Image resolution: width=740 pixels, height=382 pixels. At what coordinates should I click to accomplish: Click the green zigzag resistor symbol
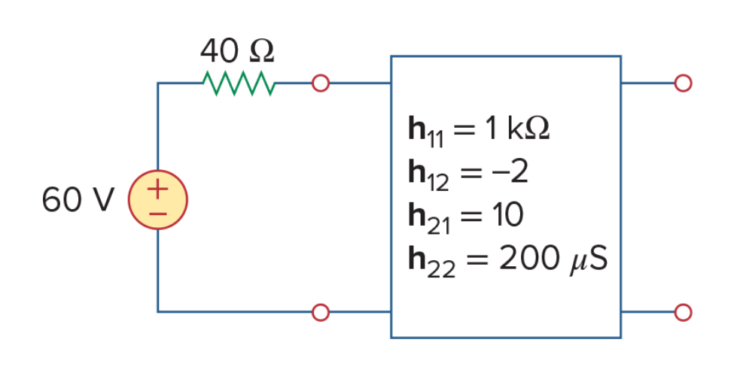pyautogui.click(x=239, y=83)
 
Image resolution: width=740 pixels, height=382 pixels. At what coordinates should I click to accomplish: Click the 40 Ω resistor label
pyautogui.click(x=237, y=51)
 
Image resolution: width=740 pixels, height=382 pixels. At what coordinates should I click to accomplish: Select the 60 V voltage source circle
pyautogui.click(x=158, y=200)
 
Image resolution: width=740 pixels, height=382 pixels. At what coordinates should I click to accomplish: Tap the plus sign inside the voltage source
pyautogui.click(x=157, y=189)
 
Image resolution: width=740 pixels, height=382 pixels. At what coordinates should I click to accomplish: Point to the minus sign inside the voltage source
pyautogui.click(x=157, y=214)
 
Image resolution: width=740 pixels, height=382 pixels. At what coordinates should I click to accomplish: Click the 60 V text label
pyautogui.click(x=78, y=199)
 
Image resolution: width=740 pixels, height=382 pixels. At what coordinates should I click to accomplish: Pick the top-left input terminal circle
pyautogui.click(x=321, y=83)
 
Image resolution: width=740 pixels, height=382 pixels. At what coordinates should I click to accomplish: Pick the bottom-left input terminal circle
pyautogui.click(x=321, y=312)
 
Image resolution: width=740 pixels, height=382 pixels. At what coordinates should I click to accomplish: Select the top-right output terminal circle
pyautogui.click(x=683, y=83)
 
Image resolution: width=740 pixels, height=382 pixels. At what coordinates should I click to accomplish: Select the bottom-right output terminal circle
pyautogui.click(x=683, y=312)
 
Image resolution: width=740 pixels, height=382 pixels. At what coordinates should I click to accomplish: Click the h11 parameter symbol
pyautogui.click(x=425, y=132)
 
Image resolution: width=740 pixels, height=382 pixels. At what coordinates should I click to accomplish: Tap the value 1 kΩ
pyautogui.click(x=518, y=129)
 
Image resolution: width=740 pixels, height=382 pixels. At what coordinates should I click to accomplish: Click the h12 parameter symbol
pyautogui.click(x=428, y=175)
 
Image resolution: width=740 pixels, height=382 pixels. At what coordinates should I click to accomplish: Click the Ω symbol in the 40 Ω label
pyautogui.click(x=261, y=51)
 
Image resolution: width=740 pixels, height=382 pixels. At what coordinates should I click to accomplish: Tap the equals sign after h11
pyautogui.click(x=464, y=129)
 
